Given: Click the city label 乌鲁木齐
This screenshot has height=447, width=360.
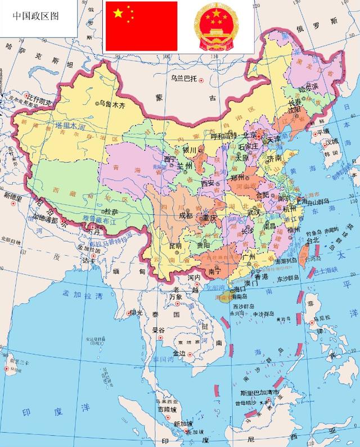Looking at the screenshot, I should click(x=111, y=103).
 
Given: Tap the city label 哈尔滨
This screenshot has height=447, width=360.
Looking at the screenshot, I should click(x=308, y=87).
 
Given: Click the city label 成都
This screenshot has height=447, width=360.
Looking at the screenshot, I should click(x=185, y=215).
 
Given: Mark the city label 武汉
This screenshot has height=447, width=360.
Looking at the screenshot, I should click(x=254, y=213).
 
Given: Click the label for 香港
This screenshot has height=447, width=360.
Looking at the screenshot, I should click(x=262, y=277).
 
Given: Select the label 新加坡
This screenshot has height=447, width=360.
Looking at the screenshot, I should click(x=183, y=423).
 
